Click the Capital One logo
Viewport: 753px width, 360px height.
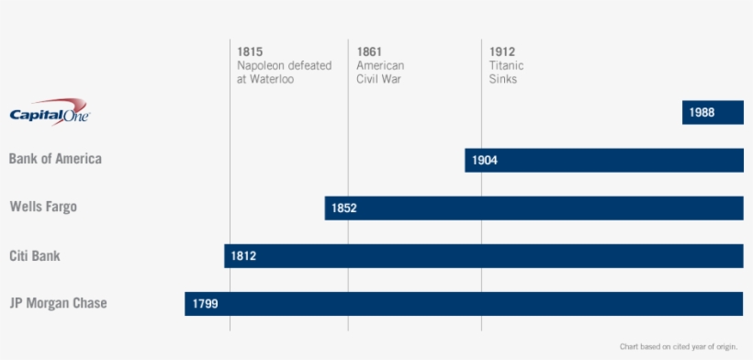click(50, 111)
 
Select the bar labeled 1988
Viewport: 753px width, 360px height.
click(713, 112)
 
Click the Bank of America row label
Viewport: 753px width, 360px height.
click(55, 159)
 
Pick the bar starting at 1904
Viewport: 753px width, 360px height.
click(603, 160)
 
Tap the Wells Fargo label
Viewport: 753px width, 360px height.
click(43, 207)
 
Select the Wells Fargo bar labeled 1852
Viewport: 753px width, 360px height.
click(534, 208)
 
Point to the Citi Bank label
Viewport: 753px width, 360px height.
click(35, 255)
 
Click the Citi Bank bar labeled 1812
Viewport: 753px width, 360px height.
click(483, 255)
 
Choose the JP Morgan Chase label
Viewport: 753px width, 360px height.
click(58, 303)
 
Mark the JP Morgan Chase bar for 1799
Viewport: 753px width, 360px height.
click(464, 303)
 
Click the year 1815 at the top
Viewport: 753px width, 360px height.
click(250, 51)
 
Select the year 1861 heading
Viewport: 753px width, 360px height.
click(369, 51)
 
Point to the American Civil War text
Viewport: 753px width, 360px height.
click(379, 73)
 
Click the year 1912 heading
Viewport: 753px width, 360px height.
click(502, 51)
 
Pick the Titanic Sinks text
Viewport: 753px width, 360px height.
click(504, 73)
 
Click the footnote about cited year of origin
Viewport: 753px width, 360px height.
click(678, 346)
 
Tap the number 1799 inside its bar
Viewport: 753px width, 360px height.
click(205, 304)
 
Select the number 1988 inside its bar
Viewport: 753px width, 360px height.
click(702, 113)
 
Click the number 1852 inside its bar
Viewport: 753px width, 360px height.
click(344, 208)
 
